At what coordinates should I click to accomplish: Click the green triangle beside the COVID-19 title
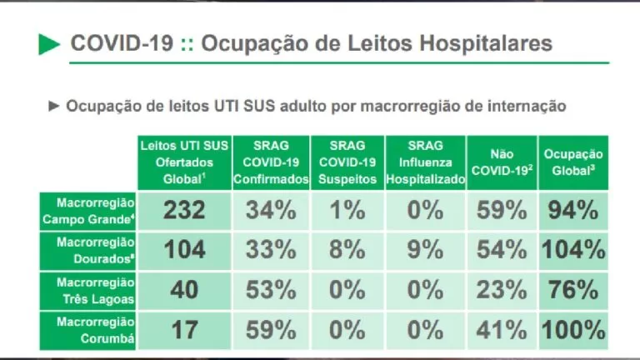[49, 44]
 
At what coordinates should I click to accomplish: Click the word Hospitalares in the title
[487, 43]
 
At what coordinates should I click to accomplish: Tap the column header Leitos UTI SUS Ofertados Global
[183, 162]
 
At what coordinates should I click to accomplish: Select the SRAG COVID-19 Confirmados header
[270, 162]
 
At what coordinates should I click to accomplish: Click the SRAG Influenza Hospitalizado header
[425, 162]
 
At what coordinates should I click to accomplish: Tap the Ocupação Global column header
[573, 162]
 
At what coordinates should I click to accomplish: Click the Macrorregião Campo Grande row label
[88, 210]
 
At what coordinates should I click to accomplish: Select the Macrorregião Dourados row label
[89, 250]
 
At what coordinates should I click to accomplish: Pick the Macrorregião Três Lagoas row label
[89, 290]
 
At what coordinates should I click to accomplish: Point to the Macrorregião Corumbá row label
[89, 329]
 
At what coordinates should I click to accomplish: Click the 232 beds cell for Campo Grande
[183, 210]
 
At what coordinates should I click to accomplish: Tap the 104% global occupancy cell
[573, 250]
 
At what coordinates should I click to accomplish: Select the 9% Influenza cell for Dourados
[425, 250]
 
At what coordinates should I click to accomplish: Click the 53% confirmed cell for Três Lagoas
[270, 290]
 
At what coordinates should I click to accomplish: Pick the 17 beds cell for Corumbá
[183, 330]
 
